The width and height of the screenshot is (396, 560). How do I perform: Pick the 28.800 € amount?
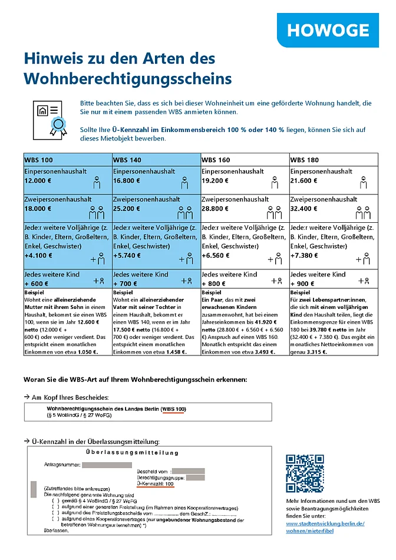point(216,209)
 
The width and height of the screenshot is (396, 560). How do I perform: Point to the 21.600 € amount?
point(305,181)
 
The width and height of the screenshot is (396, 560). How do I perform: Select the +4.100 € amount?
point(38,256)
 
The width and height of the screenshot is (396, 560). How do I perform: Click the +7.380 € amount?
point(305,256)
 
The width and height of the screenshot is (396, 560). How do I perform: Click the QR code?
point(305,474)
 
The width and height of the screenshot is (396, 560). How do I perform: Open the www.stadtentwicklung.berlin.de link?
point(325,523)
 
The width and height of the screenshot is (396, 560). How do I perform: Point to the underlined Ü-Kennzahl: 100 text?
point(154,484)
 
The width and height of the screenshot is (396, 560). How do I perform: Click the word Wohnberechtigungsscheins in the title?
point(127,79)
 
